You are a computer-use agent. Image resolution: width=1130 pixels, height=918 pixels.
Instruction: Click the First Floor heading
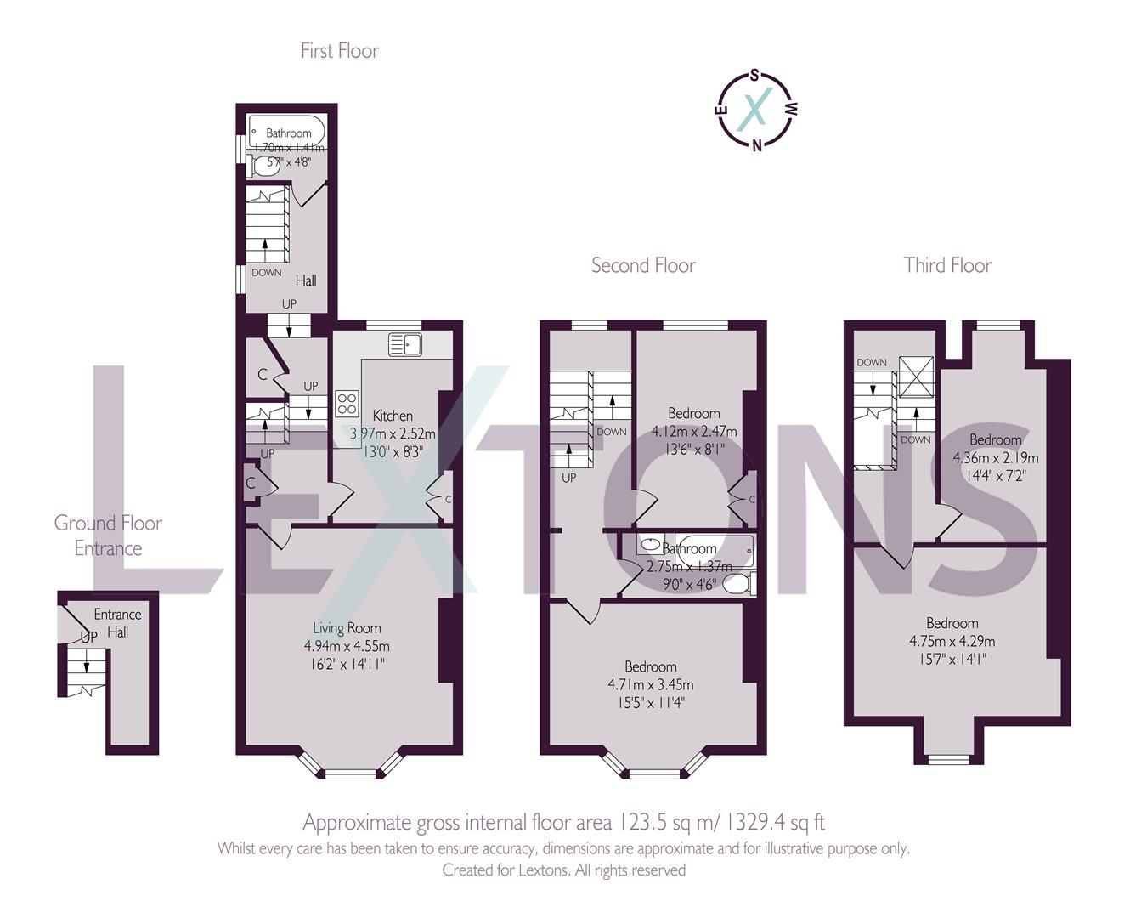coord(339,51)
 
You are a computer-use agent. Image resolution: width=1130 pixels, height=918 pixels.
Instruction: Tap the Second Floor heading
coord(643,266)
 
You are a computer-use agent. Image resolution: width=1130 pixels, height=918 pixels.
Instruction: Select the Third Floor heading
coord(947,266)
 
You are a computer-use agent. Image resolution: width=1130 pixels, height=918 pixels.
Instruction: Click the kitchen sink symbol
coord(406,344)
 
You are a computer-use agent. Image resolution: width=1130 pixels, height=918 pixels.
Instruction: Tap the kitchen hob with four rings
coord(347,403)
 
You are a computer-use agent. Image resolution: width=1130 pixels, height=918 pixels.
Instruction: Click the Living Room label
coord(347,628)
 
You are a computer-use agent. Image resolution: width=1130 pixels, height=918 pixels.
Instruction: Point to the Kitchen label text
coord(393,416)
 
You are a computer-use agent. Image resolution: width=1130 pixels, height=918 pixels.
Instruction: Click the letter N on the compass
coord(756,144)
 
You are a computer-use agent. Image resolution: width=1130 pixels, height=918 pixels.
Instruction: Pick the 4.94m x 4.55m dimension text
coord(347,647)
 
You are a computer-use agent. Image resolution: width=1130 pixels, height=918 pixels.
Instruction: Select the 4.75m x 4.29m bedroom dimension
coord(952,641)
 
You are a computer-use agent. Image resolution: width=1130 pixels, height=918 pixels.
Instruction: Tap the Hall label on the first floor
coord(306,280)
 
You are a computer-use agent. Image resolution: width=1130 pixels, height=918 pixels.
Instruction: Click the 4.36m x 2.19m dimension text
coord(995,457)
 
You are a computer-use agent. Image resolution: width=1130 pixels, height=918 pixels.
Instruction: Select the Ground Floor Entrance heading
coord(108,535)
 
